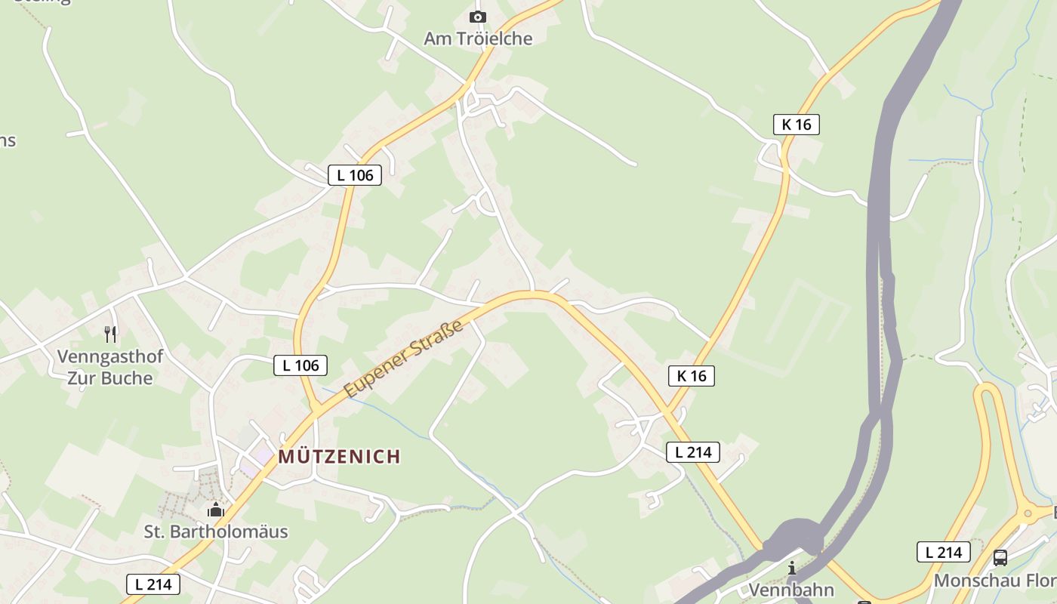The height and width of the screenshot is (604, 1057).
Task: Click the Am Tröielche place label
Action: point(478,39)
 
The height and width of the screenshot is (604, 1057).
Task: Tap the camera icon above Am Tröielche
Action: point(477,17)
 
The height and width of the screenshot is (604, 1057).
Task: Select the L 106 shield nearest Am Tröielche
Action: point(355,175)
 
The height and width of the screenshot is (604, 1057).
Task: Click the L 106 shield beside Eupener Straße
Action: point(300,365)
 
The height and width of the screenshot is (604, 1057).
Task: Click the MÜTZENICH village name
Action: point(339,456)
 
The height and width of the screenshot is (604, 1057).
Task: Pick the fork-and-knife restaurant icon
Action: point(110,334)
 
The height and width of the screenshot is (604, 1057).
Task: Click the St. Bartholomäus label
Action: point(216,532)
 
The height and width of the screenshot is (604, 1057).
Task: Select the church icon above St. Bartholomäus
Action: point(216,510)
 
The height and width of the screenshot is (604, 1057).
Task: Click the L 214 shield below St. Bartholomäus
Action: point(153,584)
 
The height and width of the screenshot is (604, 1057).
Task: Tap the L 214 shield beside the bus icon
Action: point(943,552)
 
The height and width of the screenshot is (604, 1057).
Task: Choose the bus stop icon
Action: point(1000,558)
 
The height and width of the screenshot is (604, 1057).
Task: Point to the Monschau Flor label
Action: point(994,581)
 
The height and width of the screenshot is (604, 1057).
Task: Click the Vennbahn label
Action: point(791,590)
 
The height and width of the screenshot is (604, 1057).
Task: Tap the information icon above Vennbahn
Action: point(791,568)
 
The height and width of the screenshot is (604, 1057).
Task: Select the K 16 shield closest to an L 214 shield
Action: point(691,375)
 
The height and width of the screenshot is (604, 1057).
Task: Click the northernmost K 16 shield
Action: point(796,125)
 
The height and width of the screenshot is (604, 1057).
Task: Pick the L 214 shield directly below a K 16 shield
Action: point(693,452)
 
